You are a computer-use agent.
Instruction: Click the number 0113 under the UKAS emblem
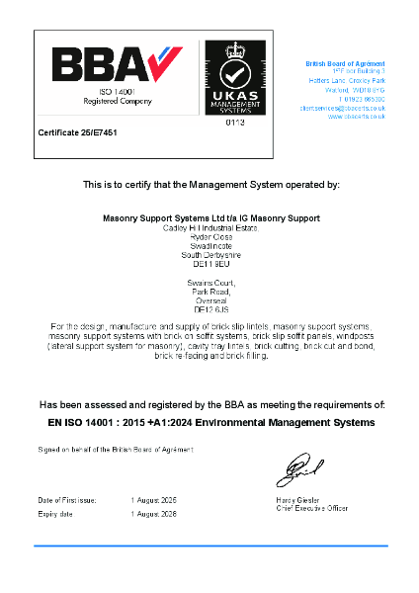coord(235,123)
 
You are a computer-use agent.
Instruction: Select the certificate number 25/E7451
coord(77,131)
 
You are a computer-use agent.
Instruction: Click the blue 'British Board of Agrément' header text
coord(346,63)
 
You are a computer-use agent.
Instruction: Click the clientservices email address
coord(343,108)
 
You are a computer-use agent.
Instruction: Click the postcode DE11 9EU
coord(209,262)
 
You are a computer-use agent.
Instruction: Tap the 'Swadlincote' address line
coord(209,244)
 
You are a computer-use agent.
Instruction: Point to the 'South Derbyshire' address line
coord(209,253)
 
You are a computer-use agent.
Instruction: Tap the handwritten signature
coord(298,466)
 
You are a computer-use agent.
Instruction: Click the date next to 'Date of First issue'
coord(153,500)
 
